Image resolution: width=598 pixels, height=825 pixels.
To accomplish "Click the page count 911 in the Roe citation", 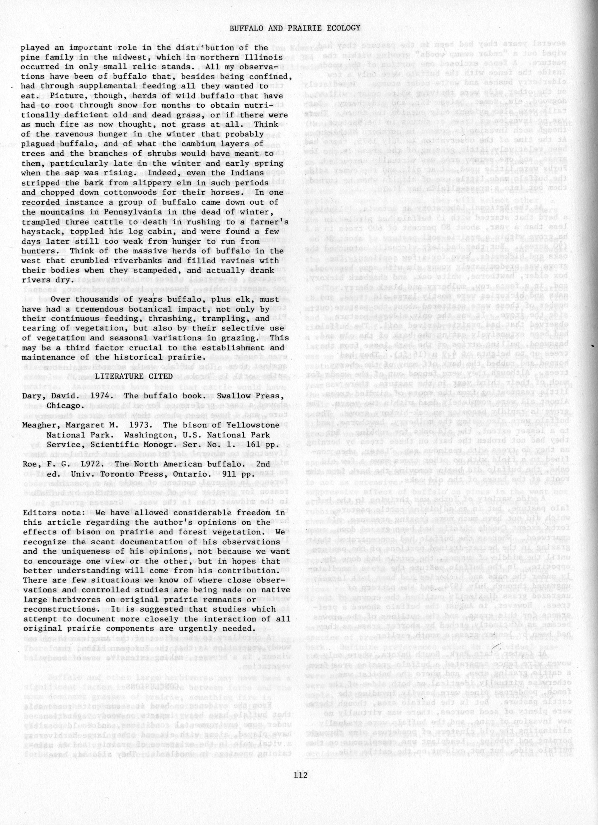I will [x=225, y=474].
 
